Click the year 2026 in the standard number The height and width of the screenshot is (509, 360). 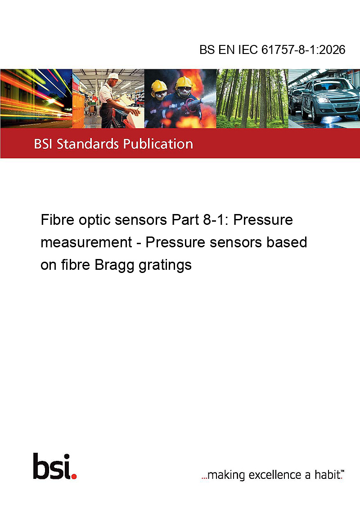point(333,49)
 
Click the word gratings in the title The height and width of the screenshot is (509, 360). point(165,266)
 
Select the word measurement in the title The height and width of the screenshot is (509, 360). point(86,242)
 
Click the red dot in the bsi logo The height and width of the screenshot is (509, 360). point(74,476)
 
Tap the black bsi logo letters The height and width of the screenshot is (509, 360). point(52,466)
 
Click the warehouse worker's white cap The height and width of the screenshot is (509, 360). point(114,76)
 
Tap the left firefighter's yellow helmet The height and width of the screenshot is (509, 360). point(159,86)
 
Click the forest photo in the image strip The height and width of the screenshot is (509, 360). point(252,98)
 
